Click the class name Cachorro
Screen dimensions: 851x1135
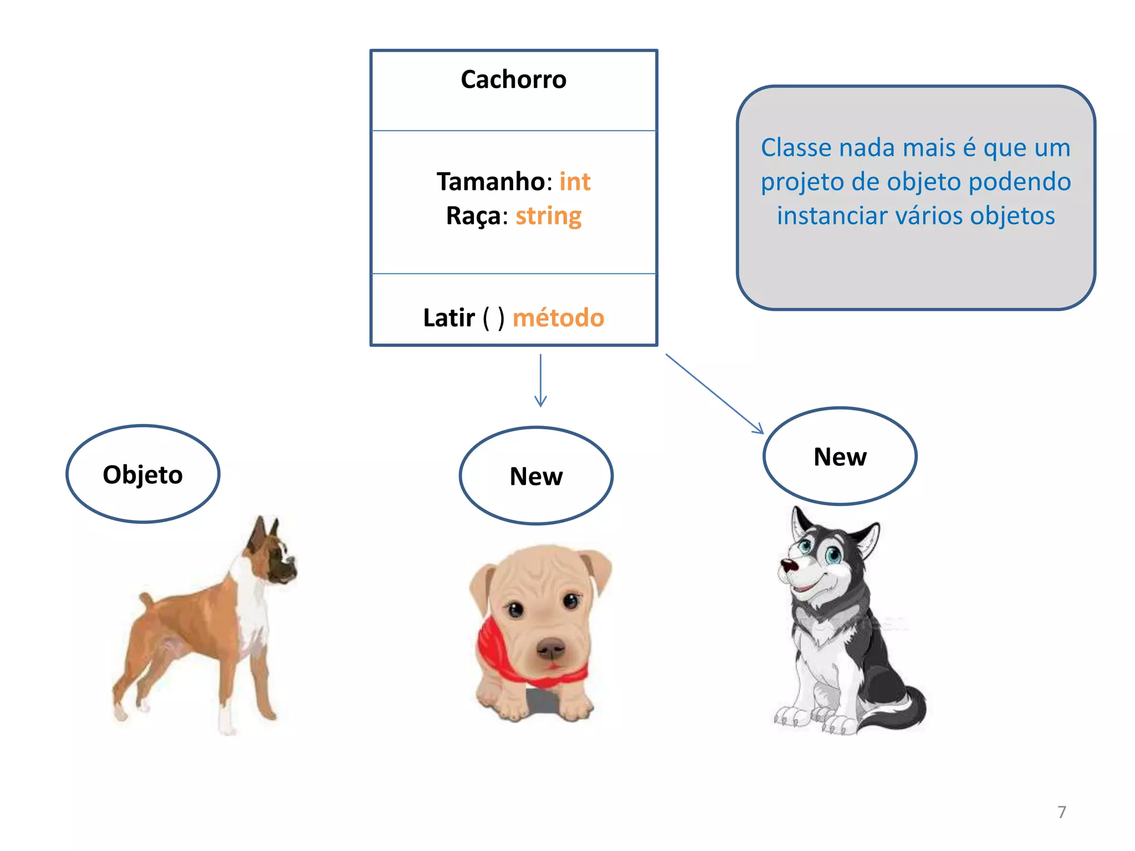513,80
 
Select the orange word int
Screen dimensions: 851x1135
575,182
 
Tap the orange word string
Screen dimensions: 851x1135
548,216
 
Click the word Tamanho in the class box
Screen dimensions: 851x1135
491,182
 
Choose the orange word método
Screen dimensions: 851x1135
558,318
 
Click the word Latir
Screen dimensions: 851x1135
448,318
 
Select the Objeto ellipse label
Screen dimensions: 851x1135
143,475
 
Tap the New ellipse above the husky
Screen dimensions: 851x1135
840,457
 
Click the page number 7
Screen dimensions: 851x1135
1061,812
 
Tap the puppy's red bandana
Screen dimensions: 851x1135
493,648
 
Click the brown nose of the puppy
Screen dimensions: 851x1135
550,647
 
